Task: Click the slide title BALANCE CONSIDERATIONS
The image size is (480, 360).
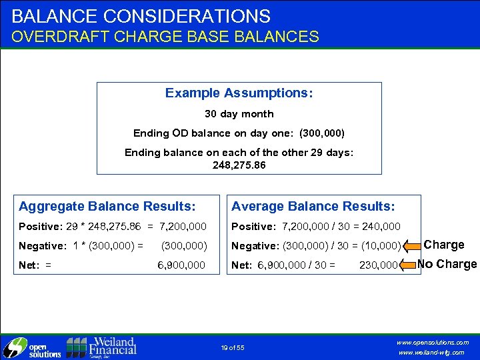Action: (141, 16)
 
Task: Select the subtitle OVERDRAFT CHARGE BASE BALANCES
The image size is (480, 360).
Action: (165, 37)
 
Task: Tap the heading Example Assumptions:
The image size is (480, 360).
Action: (239, 93)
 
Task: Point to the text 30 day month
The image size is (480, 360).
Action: (239, 114)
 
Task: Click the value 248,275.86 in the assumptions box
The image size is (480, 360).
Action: (239, 164)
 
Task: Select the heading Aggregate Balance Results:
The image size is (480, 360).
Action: (107, 207)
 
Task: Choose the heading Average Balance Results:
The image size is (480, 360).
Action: (313, 207)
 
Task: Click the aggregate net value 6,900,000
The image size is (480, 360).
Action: (181, 264)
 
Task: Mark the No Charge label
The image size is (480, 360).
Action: (447, 264)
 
